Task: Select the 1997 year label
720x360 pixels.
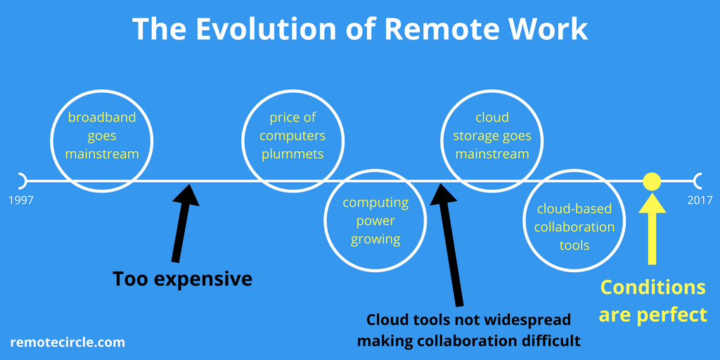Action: point(21,200)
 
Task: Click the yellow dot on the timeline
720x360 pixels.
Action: point(652,181)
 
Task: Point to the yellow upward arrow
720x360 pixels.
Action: point(652,229)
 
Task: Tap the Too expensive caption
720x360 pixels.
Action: point(182,279)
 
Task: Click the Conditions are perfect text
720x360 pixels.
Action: point(652,301)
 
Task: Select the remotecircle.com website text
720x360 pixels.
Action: point(67,342)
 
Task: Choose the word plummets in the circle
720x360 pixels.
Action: point(292,154)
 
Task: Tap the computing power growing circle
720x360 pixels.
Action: point(375,221)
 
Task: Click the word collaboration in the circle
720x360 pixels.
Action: point(574,227)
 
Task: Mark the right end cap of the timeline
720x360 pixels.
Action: point(698,181)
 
